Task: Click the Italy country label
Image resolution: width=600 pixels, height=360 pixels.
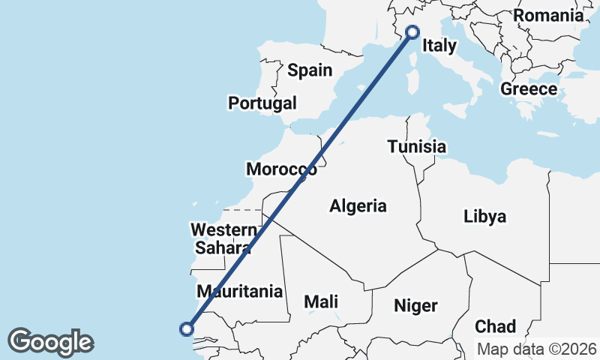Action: point(439,46)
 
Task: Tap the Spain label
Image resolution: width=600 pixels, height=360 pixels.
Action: point(310,70)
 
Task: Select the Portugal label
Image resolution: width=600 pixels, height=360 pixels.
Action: point(262,103)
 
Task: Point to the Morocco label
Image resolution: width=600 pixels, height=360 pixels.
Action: point(281,170)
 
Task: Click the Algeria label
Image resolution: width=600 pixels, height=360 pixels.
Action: point(358,205)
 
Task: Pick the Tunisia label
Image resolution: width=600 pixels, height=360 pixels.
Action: point(417,147)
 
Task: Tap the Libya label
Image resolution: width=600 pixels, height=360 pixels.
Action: point(484,217)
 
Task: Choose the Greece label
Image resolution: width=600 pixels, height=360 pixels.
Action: point(529,89)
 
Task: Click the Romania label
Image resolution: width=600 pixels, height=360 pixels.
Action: point(548,16)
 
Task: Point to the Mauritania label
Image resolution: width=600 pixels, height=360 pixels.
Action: point(239,291)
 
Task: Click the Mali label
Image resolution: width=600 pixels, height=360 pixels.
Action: point(321,302)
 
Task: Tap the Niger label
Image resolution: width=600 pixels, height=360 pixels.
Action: point(415,305)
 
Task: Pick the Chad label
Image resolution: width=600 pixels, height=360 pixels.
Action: point(496,326)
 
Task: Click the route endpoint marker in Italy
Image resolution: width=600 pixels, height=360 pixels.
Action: point(412,31)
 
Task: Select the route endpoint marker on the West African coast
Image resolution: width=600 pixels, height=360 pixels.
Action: point(187,328)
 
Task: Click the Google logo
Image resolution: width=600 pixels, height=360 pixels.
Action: point(50,342)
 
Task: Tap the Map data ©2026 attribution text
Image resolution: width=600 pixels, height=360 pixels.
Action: point(537,349)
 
